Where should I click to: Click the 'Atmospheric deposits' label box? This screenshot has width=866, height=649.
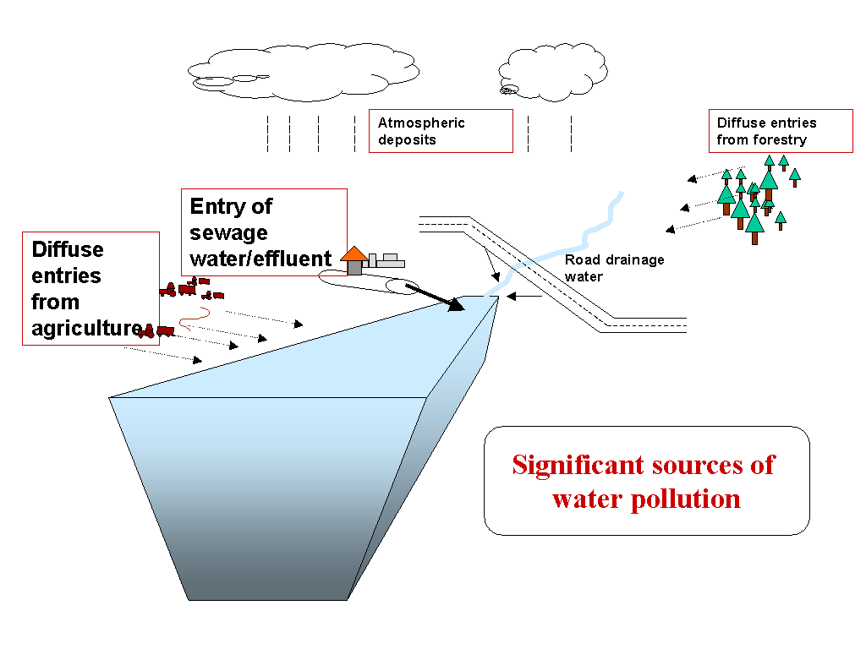click(x=441, y=131)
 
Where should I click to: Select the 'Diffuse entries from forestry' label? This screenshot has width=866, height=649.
click(x=780, y=131)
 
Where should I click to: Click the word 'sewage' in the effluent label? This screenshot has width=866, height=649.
click(x=228, y=232)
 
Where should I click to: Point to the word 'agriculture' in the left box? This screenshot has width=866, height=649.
click(x=85, y=329)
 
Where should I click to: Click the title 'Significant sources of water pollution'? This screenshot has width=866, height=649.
click(x=646, y=481)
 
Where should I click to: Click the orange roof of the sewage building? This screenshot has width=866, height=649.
click(x=354, y=254)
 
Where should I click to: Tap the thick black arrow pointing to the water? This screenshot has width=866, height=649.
click(x=435, y=297)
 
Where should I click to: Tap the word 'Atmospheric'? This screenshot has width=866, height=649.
click(x=421, y=123)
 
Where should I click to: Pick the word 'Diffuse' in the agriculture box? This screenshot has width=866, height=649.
click(x=68, y=250)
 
